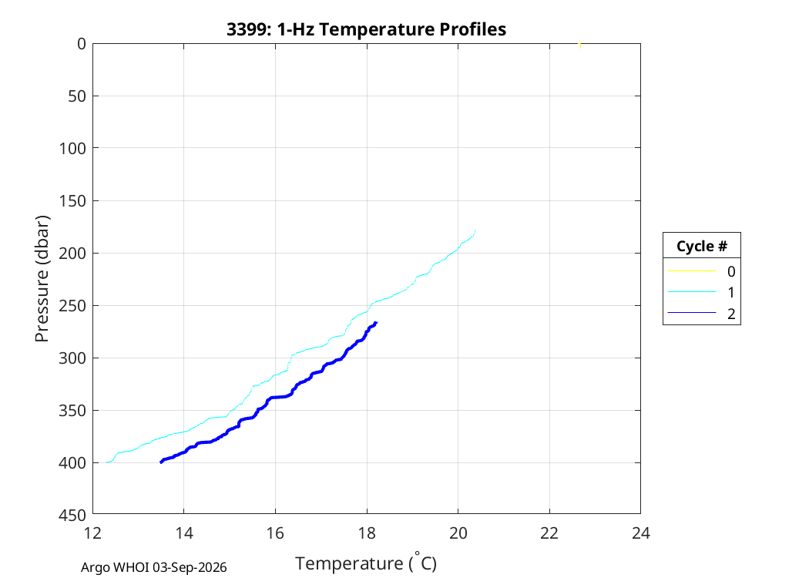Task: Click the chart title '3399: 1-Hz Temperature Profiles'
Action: (x=366, y=29)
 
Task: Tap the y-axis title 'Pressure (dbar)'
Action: (x=42, y=279)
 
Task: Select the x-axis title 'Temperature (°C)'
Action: (x=366, y=563)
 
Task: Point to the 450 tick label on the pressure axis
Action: (x=72, y=515)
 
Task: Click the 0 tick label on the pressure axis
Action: (x=82, y=44)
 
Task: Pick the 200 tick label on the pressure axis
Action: (x=72, y=254)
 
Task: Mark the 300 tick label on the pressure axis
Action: (x=72, y=358)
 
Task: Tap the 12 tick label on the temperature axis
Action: (x=93, y=533)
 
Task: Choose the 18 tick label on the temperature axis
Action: (x=367, y=533)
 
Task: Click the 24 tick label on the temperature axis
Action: (x=641, y=533)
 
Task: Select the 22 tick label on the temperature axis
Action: (x=549, y=533)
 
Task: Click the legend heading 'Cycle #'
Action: (x=702, y=246)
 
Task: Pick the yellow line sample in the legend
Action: (x=692, y=271)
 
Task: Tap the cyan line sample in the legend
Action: (x=692, y=292)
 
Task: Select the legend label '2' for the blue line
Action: (x=731, y=314)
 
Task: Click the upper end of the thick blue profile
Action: (x=376, y=323)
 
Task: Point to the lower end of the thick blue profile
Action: (x=161, y=462)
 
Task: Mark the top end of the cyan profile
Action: (x=475, y=230)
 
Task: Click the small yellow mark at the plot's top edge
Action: (x=580, y=45)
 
